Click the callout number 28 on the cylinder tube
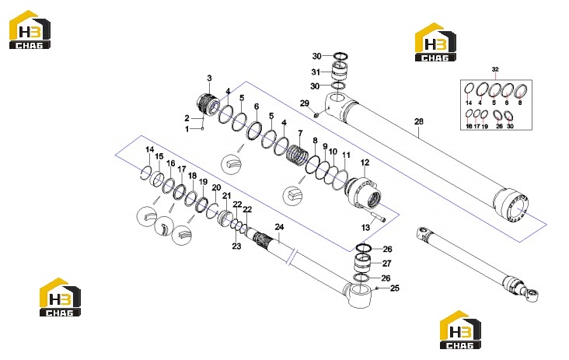pos(419,121)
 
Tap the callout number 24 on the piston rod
pos(279,227)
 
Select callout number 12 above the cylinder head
pos(365,163)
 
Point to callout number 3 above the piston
pos(209,78)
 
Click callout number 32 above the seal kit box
pos(495,69)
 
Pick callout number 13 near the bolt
pos(365,228)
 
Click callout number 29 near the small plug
pos(305,103)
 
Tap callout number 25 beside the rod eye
pos(394,288)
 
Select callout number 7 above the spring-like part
pos(300,134)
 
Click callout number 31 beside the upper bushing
pos(316,72)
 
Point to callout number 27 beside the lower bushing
pos(386,264)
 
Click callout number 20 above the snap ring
pos(216,188)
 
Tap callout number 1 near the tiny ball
pos(187,129)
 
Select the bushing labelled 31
pos(340,71)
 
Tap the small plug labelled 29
pos(316,115)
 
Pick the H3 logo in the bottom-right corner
pos(460,330)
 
